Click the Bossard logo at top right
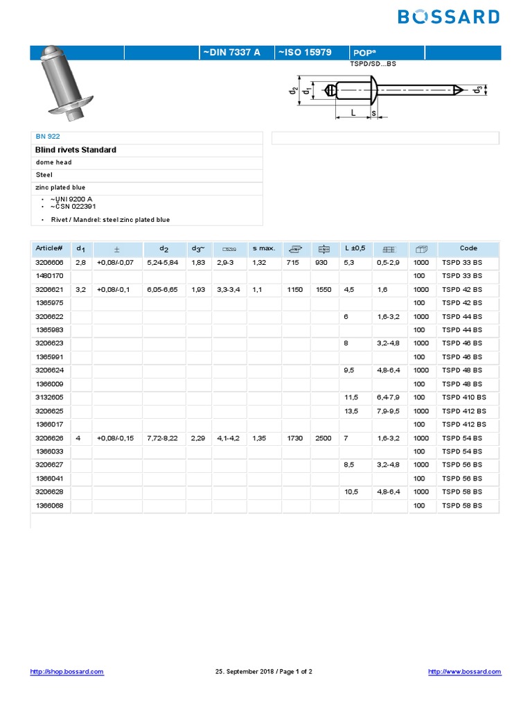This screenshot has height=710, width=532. [x=449, y=17]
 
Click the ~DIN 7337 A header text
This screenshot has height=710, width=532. [x=230, y=52]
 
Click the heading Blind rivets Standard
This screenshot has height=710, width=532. [x=76, y=150]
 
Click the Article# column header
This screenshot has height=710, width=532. [x=48, y=248]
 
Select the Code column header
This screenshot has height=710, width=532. [x=468, y=248]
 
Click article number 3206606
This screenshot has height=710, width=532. [x=49, y=263]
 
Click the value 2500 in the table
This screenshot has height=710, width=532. [x=323, y=438]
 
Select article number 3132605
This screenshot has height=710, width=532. [x=49, y=397]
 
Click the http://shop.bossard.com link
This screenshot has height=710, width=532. [x=67, y=672]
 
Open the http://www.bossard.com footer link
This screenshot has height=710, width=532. [x=464, y=672]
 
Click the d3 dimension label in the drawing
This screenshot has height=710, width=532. [x=477, y=90]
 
